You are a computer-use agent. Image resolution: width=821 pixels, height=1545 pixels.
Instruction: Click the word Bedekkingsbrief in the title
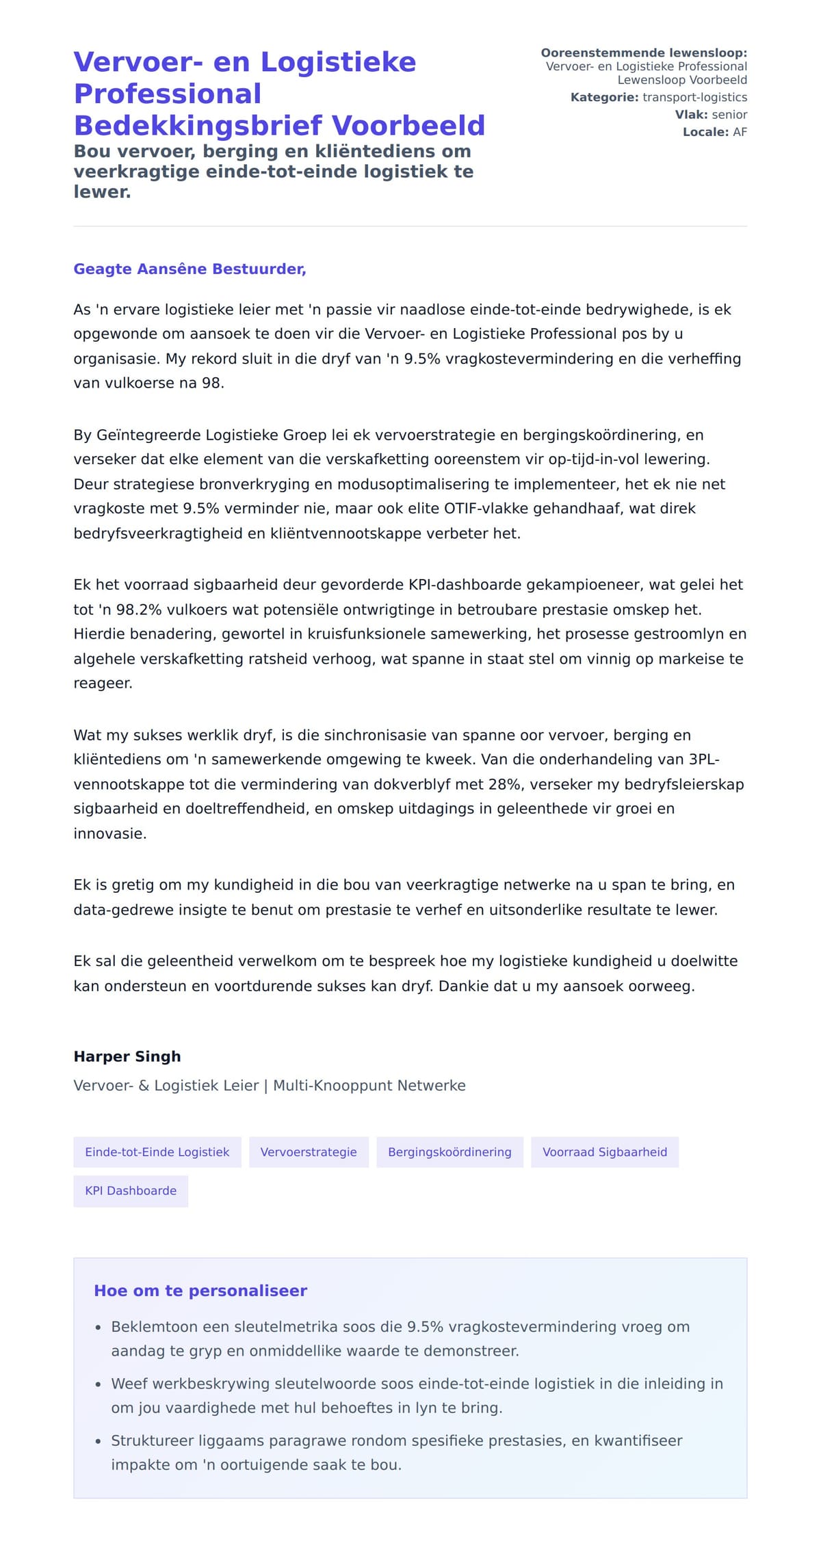(x=198, y=126)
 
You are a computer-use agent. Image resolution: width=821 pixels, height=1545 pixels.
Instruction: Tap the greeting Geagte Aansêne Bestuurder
(x=190, y=269)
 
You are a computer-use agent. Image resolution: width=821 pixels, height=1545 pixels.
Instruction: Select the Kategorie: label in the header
(x=604, y=97)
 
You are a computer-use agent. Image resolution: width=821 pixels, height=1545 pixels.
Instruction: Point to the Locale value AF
(x=740, y=132)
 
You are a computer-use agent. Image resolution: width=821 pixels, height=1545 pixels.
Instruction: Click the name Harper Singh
(x=127, y=1056)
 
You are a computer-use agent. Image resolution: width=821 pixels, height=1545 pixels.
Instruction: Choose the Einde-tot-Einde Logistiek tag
(x=157, y=1152)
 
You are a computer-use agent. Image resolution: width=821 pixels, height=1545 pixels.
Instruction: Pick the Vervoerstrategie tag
(x=309, y=1152)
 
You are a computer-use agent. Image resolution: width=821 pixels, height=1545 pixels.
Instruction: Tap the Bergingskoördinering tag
(x=449, y=1152)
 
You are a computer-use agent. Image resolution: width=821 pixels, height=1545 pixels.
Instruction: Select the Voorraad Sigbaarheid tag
(x=604, y=1152)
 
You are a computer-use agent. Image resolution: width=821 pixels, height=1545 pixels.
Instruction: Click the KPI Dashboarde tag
(x=131, y=1190)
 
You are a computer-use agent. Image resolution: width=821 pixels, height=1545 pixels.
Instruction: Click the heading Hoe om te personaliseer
(x=200, y=1291)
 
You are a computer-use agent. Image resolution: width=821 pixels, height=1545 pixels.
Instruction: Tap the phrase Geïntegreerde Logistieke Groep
(x=211, y=435)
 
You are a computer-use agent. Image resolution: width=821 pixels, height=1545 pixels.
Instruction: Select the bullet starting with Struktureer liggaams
(x=397, y=1440)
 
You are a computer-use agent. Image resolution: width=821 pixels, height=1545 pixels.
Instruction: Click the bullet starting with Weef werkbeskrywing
(x=417, y=1384)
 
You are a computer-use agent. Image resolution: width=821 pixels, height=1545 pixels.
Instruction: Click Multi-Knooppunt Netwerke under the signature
(x=369, y=1086)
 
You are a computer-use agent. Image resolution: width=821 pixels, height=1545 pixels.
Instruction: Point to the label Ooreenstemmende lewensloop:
(x=643, y=53)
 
